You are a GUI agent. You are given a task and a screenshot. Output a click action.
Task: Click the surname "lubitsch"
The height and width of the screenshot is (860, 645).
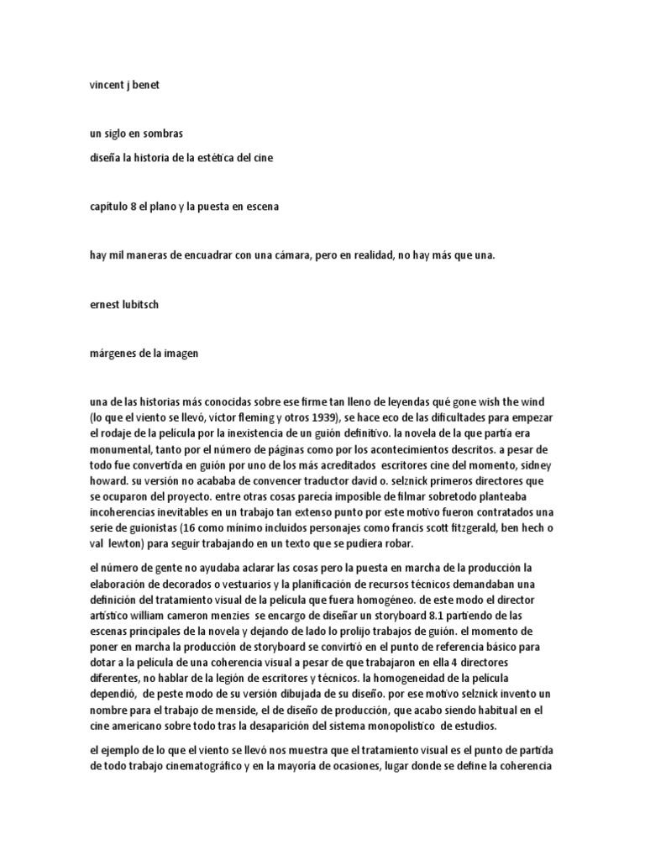click(x=139, y=305)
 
